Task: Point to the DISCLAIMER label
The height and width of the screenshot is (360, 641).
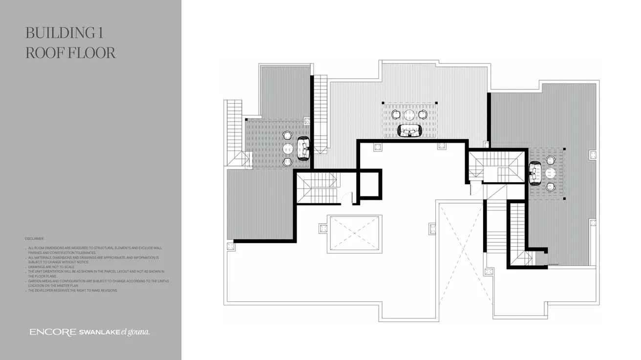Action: [x=35, y=239]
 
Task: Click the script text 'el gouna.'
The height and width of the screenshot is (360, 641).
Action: [x=135, y=332]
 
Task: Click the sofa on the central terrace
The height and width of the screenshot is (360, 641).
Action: [x=409, y=131]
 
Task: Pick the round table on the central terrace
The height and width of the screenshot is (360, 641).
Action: [x=409, y=115]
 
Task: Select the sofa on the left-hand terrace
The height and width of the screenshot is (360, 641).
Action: [x=303, y=148]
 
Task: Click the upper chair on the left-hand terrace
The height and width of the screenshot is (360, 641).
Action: [x=288, y=135]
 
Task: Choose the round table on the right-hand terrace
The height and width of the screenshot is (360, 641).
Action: [x=551, y=173]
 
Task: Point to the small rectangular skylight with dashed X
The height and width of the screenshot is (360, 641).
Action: [x=354, y=233]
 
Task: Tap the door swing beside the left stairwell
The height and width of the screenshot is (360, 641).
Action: [x=346, y=197]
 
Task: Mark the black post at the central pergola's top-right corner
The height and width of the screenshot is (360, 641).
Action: [x=436, y=103]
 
